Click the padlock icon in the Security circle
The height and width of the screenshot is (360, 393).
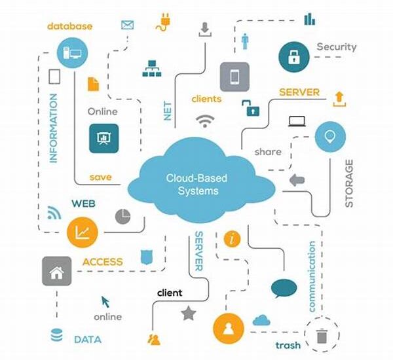[293, 57]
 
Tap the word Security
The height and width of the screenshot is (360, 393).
[337, 47]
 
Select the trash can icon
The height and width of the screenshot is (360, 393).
[322, 336]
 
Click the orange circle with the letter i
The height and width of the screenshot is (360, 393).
[232, 239]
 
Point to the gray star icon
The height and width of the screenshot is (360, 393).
[189, 313]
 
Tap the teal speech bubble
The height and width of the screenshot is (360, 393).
[284, 289]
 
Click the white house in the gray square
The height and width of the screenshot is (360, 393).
[56, 272]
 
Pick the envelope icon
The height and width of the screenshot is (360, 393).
[127, 25]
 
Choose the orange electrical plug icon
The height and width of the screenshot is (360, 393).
[164, 22]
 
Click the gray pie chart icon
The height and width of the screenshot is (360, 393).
[123, 216]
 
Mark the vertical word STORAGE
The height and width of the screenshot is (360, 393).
[349, 183]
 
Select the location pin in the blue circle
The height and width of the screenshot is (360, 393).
[330, 137]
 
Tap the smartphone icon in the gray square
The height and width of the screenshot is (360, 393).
[234, 77]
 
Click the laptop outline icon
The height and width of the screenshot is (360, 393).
[297, 121]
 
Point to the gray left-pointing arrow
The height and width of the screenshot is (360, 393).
[297, 180]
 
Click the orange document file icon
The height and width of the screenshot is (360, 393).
[93, 84]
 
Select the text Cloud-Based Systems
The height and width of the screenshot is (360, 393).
[196, 185]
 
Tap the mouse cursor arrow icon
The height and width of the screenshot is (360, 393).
[105, 302]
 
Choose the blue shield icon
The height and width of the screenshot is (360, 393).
[147, 257]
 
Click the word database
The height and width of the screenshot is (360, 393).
[69, 26]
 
